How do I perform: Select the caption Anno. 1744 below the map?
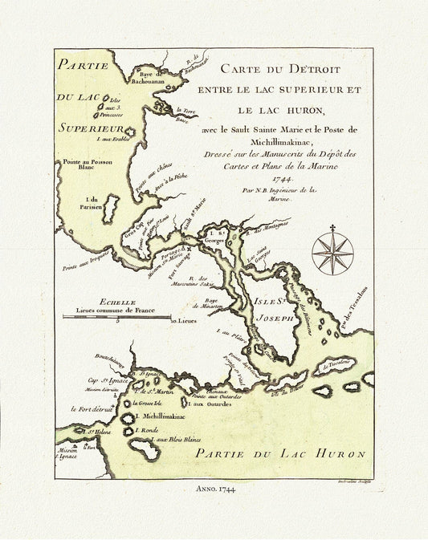pos(214,488)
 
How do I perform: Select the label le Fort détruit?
pos(90,408)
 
